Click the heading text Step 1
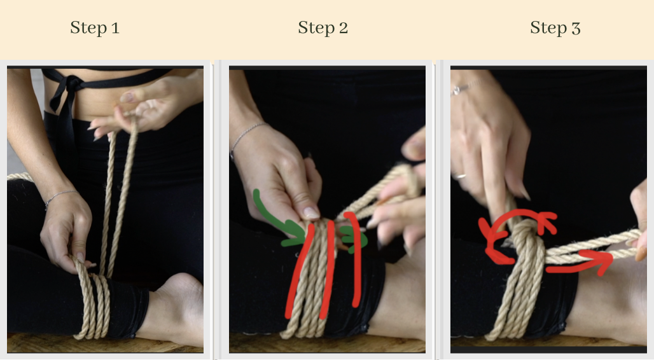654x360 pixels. click(94, 28)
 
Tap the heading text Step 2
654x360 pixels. click(323, 28)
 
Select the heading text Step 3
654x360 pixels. click(555, 28)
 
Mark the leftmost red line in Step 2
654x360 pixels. click(299, 273)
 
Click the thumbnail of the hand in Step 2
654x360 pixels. click(310, 212)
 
